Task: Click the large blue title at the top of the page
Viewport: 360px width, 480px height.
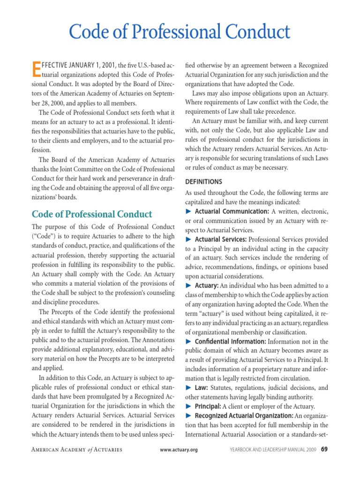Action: point(180,32)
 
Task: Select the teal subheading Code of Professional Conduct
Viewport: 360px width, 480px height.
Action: point(92,214)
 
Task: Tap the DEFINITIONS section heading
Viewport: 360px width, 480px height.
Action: point(203,181)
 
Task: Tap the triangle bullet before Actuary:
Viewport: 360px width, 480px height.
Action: point(188,285)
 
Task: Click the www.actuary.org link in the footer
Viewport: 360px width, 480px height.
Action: point(179,450)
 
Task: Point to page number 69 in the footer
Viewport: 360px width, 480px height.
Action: point(324,450)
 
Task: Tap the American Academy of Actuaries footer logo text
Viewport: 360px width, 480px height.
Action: point(76,450)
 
